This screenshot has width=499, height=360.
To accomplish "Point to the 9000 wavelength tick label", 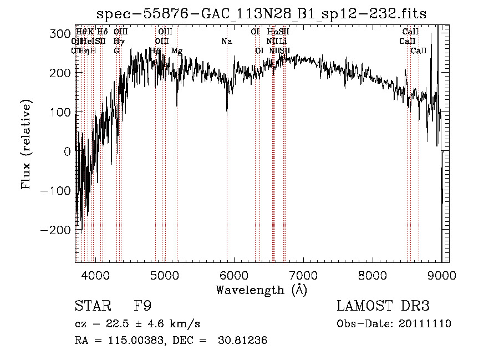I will (441, 275).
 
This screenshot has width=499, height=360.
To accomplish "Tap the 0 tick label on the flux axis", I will (67, 151).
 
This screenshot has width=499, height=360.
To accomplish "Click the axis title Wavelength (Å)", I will (261, 290).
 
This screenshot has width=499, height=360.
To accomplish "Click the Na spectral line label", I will (226, 42).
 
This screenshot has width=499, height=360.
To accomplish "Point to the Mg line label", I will (177, 51).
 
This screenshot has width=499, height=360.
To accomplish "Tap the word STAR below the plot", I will (92, 306).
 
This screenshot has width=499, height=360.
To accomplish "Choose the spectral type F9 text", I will (142, 306).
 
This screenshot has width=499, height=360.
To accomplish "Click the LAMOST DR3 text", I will (383, 306).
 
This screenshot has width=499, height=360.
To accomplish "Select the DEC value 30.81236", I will (243, 341).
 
